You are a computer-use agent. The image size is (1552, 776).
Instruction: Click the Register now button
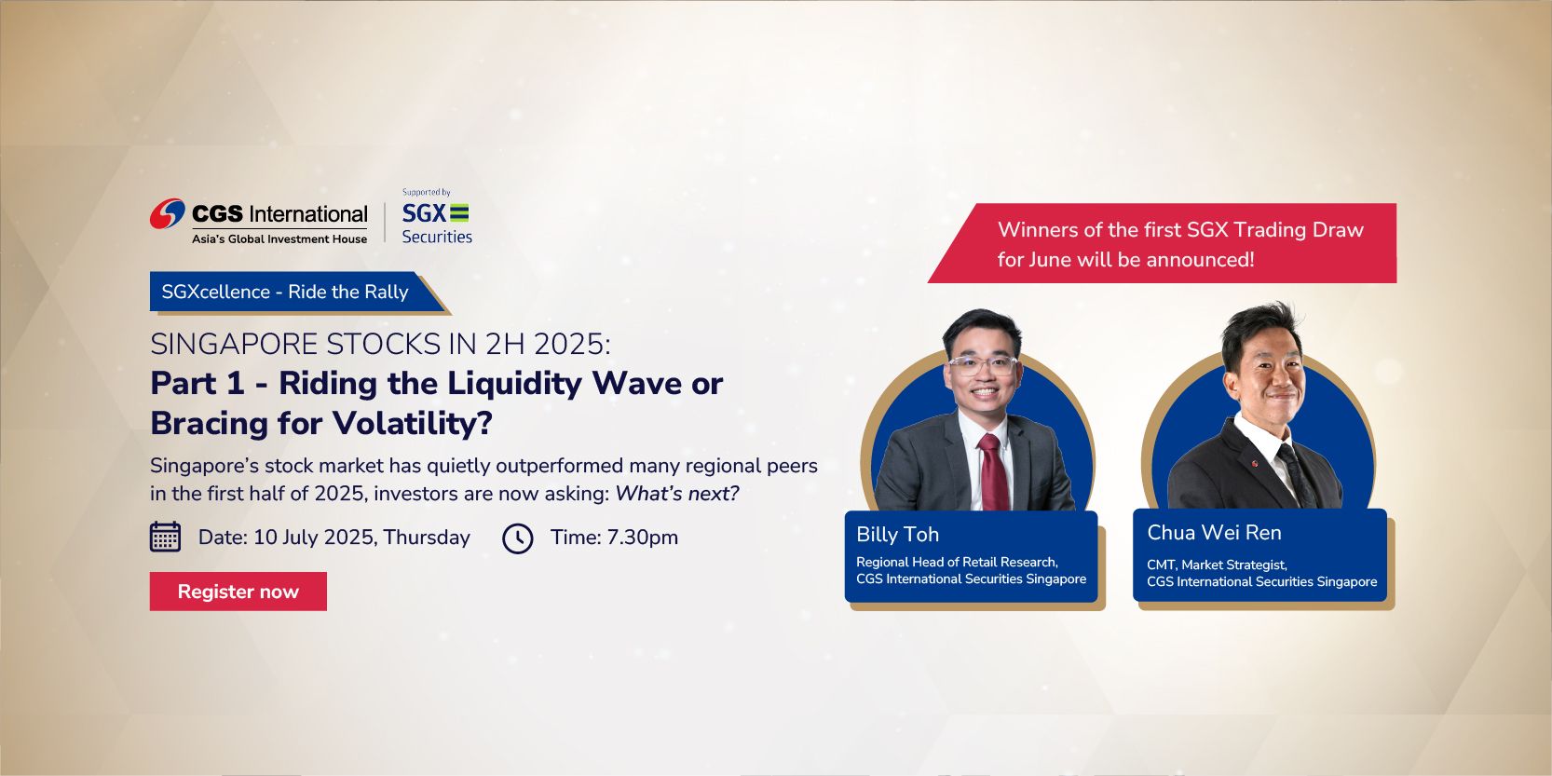tap(238, 592)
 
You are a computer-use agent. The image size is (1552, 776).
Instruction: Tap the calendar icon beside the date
tap(166, 537)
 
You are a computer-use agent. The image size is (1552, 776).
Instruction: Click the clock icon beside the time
tap(518, 538)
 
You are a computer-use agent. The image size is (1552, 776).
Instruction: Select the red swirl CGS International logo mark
tap(168, 214)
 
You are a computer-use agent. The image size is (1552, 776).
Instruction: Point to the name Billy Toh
tap(897, 535)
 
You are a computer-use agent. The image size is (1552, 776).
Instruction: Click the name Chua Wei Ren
tap(1214, 533)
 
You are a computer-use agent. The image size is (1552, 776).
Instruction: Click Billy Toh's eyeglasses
tap(982, 364)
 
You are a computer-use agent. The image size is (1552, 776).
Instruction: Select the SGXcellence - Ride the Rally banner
tap(285, 293)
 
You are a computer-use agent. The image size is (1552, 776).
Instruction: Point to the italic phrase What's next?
tap(677, 494)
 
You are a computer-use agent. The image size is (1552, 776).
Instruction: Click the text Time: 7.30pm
tap(614, 538)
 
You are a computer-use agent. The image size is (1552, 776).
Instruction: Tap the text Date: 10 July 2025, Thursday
tap(334, 538)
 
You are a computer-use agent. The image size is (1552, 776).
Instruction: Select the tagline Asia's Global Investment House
tap(279, 239)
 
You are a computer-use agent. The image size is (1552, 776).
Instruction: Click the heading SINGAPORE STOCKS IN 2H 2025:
tap(380, 345)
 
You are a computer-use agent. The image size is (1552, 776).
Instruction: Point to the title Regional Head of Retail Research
tap(957, 562)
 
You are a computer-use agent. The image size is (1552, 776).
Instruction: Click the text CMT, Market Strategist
tap(1217, 565)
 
